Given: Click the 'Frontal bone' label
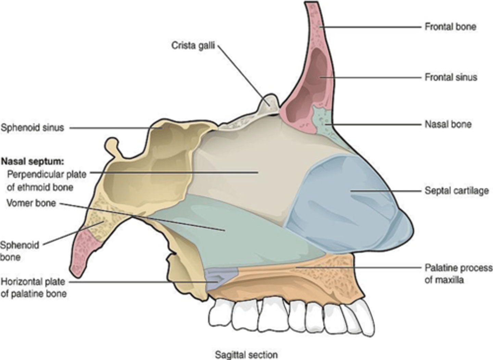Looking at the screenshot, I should tap(450, 27).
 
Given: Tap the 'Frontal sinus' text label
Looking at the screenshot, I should tap(451, 77).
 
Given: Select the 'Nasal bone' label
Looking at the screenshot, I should tap(448, 124).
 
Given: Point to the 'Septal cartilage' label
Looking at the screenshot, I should tap(456, 190).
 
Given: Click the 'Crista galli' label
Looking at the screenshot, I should tap(193, 45).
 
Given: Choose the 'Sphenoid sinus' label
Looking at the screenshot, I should tap(32, 128).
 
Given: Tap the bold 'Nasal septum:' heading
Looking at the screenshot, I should tap(33, 161).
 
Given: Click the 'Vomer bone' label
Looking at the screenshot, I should tap(31, 203).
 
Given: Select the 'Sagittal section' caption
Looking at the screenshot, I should tap(246, 355).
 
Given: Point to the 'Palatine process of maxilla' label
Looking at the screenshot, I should tap(458, 273).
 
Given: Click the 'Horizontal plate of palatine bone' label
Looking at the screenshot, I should tap(33, 288).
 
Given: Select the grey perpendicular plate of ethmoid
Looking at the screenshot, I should tap(246, 164).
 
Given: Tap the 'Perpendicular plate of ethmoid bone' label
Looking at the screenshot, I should tap(46, 181).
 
